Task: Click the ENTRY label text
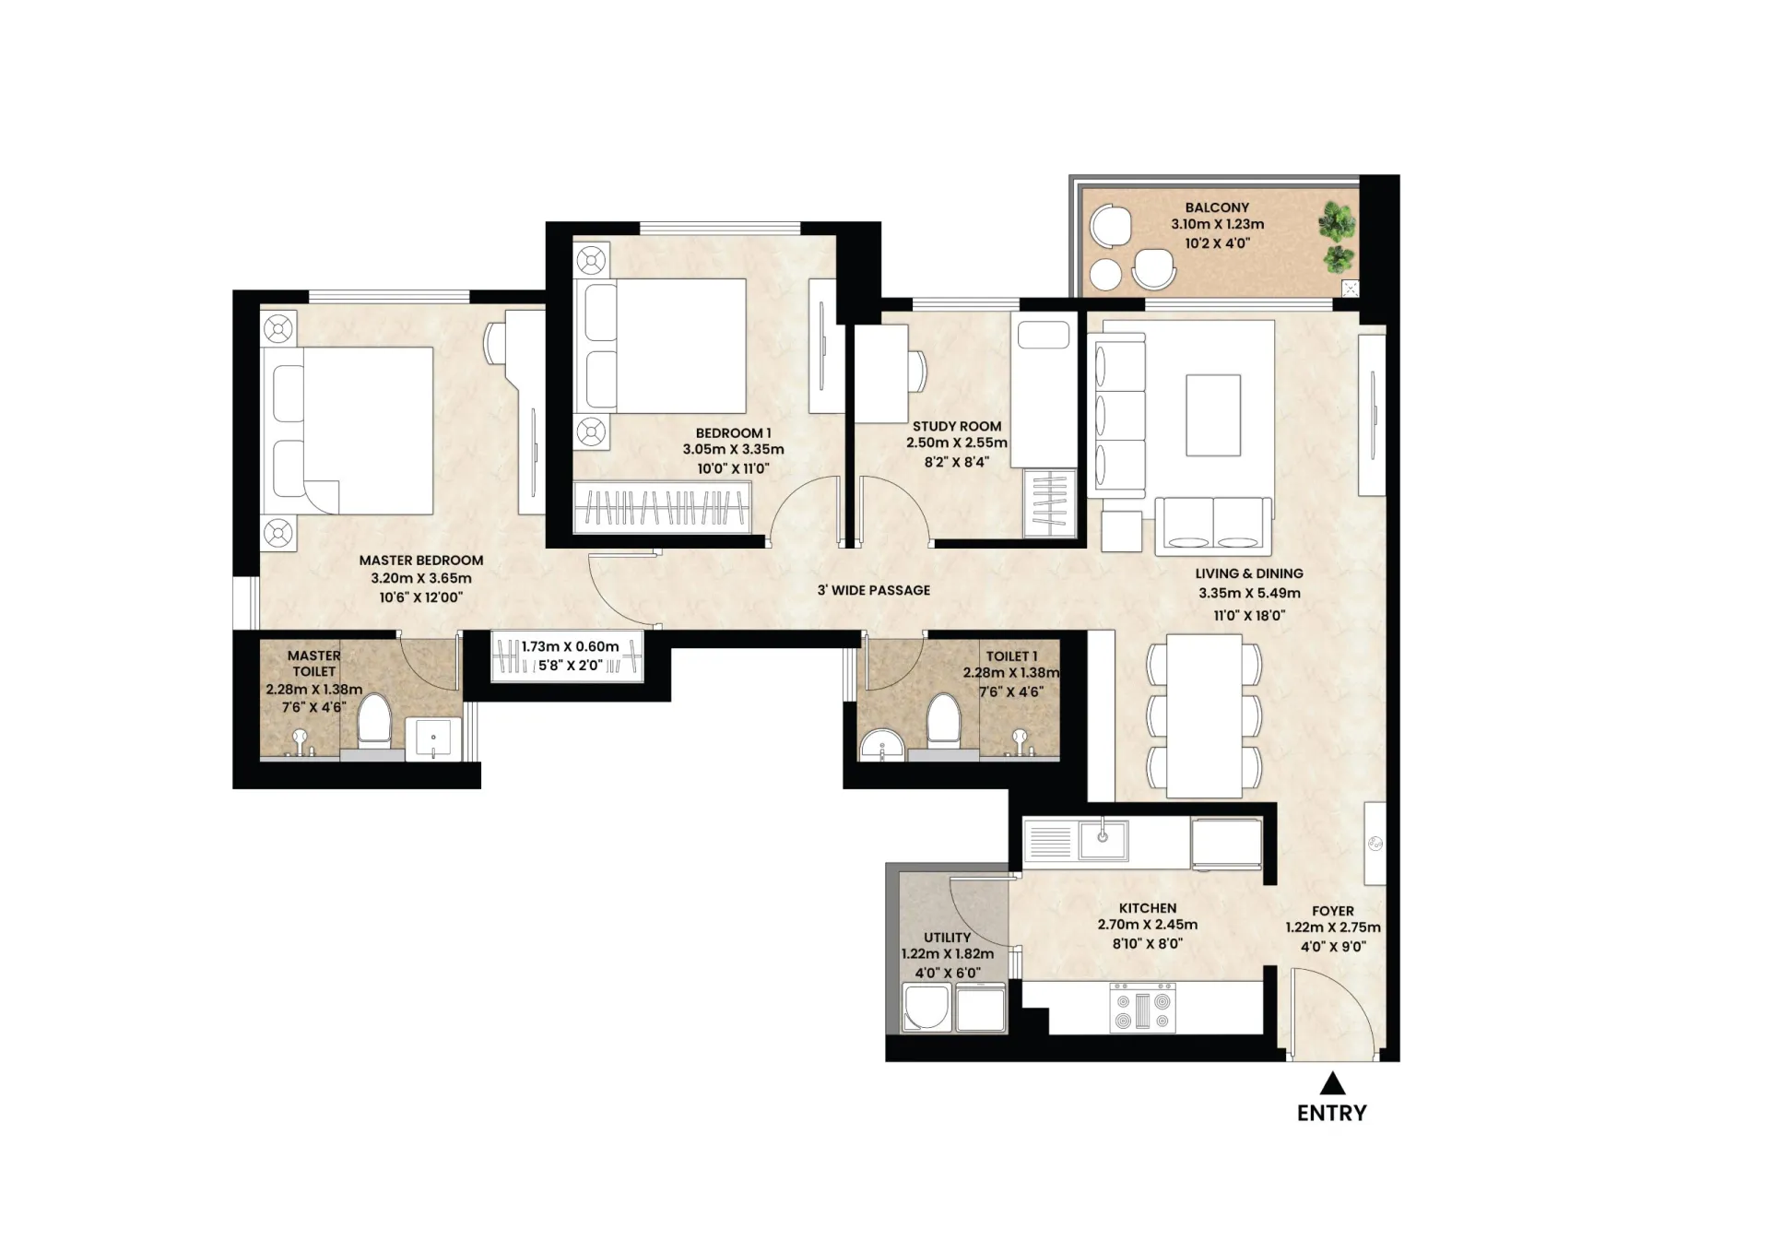[x=1331, y=1113]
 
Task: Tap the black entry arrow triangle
[x=1332, y=1082]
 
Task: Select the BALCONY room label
[x=1217, y=207]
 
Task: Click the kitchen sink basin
[x=1103, y=840]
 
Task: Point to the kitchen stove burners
[x=1143, y=1008]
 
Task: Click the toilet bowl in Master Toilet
[x=373, y=719]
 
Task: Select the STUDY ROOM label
[x=957, y=426]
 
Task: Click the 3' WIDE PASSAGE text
[x=874, y=590]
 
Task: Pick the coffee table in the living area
[x=1213, y=415]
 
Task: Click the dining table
[x=1204, y=715]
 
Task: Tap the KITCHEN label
[x=1148, y=908]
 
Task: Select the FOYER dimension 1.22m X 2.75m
[x=1333, y=927]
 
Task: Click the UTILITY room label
[x=948, y=938]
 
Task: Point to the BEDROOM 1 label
[x=734, y=432]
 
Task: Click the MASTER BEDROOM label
[x=421, y=560]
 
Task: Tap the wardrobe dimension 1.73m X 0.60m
[x=571, y=646]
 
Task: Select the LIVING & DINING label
[x=1249, y=573]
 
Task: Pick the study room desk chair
[x=918, y=372]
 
